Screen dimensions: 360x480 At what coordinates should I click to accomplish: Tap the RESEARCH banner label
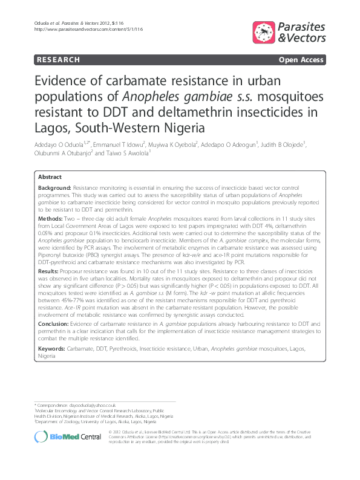tap(58, 60)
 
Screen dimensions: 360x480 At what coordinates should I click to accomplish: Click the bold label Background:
tap(54, 189)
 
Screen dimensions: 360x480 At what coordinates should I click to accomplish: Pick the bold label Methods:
tap(51, 217)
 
